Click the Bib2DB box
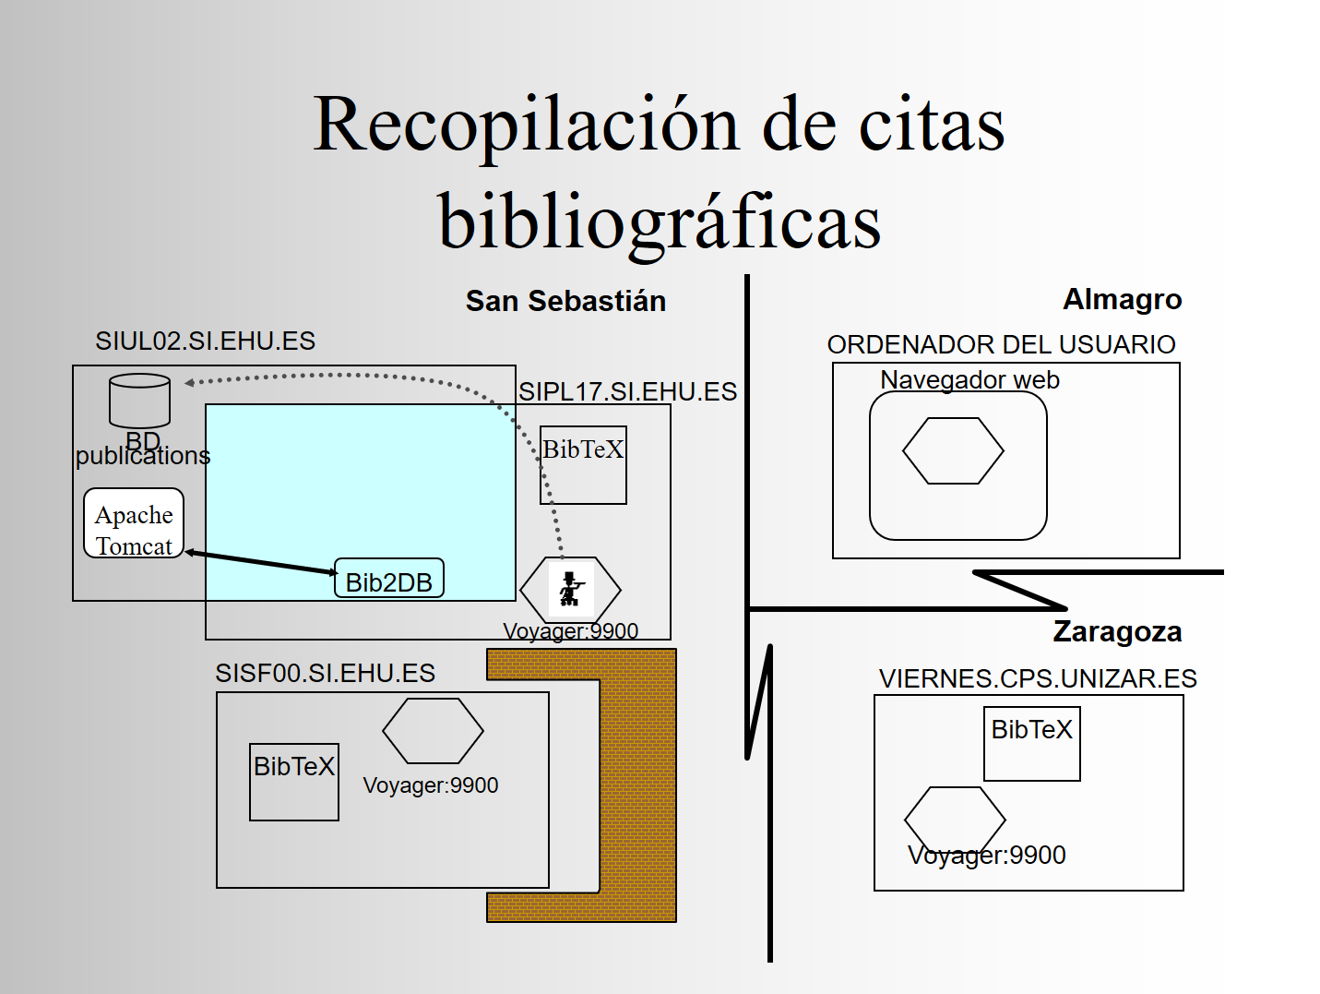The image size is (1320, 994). pos(389,579)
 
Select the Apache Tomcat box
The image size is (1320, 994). pos(134,523)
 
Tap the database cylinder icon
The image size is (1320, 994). pos(139,401)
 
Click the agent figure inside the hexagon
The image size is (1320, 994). pos(571,589)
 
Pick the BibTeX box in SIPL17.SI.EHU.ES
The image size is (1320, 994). pos(583,465)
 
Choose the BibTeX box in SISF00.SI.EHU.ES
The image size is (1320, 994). pos(294,783)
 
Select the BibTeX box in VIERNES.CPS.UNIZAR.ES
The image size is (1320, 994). pos(1032,744)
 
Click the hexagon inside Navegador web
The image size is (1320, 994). pos(953,450)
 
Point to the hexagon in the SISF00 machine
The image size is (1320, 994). pos(433,731)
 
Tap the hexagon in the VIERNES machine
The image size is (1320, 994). pos(955,820)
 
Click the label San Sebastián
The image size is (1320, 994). pos(565,301)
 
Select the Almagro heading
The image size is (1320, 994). pos(1123,300)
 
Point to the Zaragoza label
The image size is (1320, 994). pos(1117,632)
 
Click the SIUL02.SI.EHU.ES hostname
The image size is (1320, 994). pos(205,341)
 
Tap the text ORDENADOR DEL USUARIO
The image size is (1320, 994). pos(1001,345)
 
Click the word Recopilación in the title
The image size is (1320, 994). pos(527,126)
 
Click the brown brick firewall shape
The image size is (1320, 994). pos(638,783)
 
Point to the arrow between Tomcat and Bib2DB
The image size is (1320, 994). pos(260,563)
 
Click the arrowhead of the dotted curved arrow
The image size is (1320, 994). pos(189,383)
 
